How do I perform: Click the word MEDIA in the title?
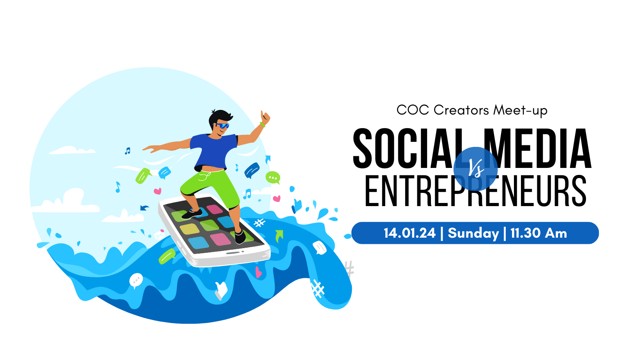click(538, 148)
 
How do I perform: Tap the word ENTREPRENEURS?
click(475, 191)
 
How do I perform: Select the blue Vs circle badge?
click(475, 169)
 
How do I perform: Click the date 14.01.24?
click(410, 233)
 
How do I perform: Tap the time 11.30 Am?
click(538, 233)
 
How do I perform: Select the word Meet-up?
click(520, 111)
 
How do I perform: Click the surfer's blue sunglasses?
click(222, 125)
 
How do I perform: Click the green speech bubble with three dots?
click(273, 178)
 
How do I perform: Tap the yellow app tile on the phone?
click(189, 229)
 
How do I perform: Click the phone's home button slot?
click(233, 253)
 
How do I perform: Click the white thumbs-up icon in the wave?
click(221, 290)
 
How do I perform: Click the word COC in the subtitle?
click(413, 110)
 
